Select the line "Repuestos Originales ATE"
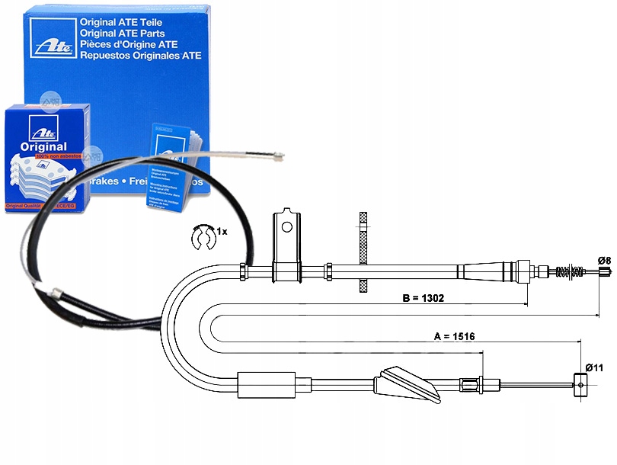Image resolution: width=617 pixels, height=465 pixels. (x=141, y=56)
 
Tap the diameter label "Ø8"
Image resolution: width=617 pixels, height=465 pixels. (x=604, y=261)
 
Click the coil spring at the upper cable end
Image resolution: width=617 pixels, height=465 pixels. (x=572, y=271)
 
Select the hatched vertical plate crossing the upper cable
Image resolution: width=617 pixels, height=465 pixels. (x=363, y=251)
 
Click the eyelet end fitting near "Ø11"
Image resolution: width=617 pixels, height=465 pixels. (x=580, y=386)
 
